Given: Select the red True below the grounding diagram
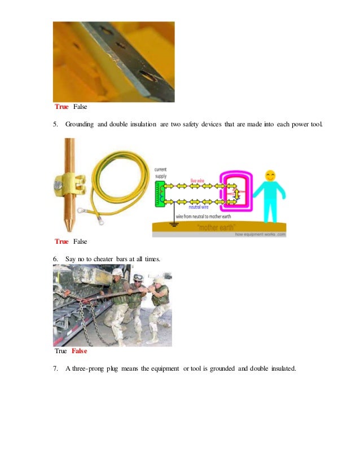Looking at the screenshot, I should (62, 241).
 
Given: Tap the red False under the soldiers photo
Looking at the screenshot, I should (79, 351).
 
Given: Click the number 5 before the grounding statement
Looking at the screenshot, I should (55, 124).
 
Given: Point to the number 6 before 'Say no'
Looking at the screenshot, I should (55, 258).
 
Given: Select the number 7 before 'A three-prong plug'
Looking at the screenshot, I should (55, 368).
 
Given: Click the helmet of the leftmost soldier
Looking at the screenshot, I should (117, 272).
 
